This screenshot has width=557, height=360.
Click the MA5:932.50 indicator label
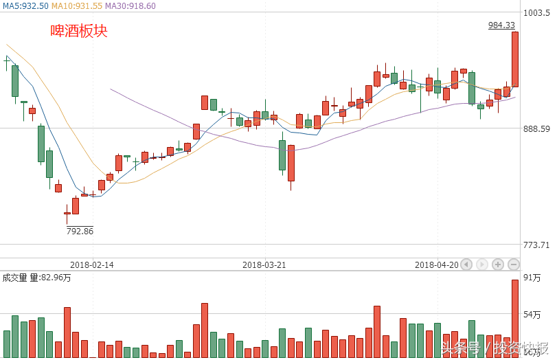tap(25, 5)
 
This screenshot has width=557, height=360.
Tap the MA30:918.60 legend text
tap(130, 5)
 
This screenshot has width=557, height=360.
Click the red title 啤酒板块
tap(79, 31)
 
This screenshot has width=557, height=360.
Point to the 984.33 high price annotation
tap(501, 25)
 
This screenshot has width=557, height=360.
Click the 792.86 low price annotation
tap(80, 231)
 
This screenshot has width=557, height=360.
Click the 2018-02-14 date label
tap(92, 265)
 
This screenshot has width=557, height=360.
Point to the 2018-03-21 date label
tap(264, 265)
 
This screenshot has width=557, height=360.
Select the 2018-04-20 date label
tap(437, 265)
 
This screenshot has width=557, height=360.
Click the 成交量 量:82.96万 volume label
tap(37, 278)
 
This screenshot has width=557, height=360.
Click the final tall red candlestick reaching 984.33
tap(514, 59)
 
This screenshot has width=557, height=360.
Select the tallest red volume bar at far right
tap(514, 319)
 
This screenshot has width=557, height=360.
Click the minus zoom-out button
tap(513, 265)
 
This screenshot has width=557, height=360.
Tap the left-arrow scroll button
tap(466, 265)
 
